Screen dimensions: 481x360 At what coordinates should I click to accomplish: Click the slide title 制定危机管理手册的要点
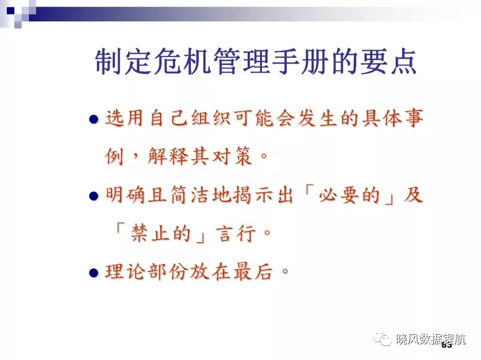(x=256, y=61)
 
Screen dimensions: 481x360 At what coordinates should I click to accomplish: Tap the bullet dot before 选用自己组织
(x=94, y=119)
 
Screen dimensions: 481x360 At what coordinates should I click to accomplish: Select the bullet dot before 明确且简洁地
(x=94, y=196)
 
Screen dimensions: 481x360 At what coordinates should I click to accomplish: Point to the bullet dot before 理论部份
(x=94, y=273)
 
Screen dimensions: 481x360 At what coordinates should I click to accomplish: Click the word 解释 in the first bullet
(x=168, y=156)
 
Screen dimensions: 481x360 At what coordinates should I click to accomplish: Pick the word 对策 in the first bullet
(x=232, y=156)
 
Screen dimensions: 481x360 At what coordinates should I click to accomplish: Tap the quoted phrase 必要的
(x=350, y=195)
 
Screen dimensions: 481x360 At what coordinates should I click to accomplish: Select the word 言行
(x=235, y=233)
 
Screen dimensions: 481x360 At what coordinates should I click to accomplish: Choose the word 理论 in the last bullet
(x=125, y=272)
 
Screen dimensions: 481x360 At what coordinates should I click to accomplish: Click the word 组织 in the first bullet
(x=211, y=118)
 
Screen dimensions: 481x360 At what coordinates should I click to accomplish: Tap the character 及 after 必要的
(x=413, y=195)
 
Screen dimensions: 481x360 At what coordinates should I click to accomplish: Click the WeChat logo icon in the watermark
(x=382, y=339)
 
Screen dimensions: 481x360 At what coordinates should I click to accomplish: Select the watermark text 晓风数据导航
(x=431, y=339)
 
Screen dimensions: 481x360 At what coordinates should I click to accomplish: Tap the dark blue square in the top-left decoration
(x=11, y=11)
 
